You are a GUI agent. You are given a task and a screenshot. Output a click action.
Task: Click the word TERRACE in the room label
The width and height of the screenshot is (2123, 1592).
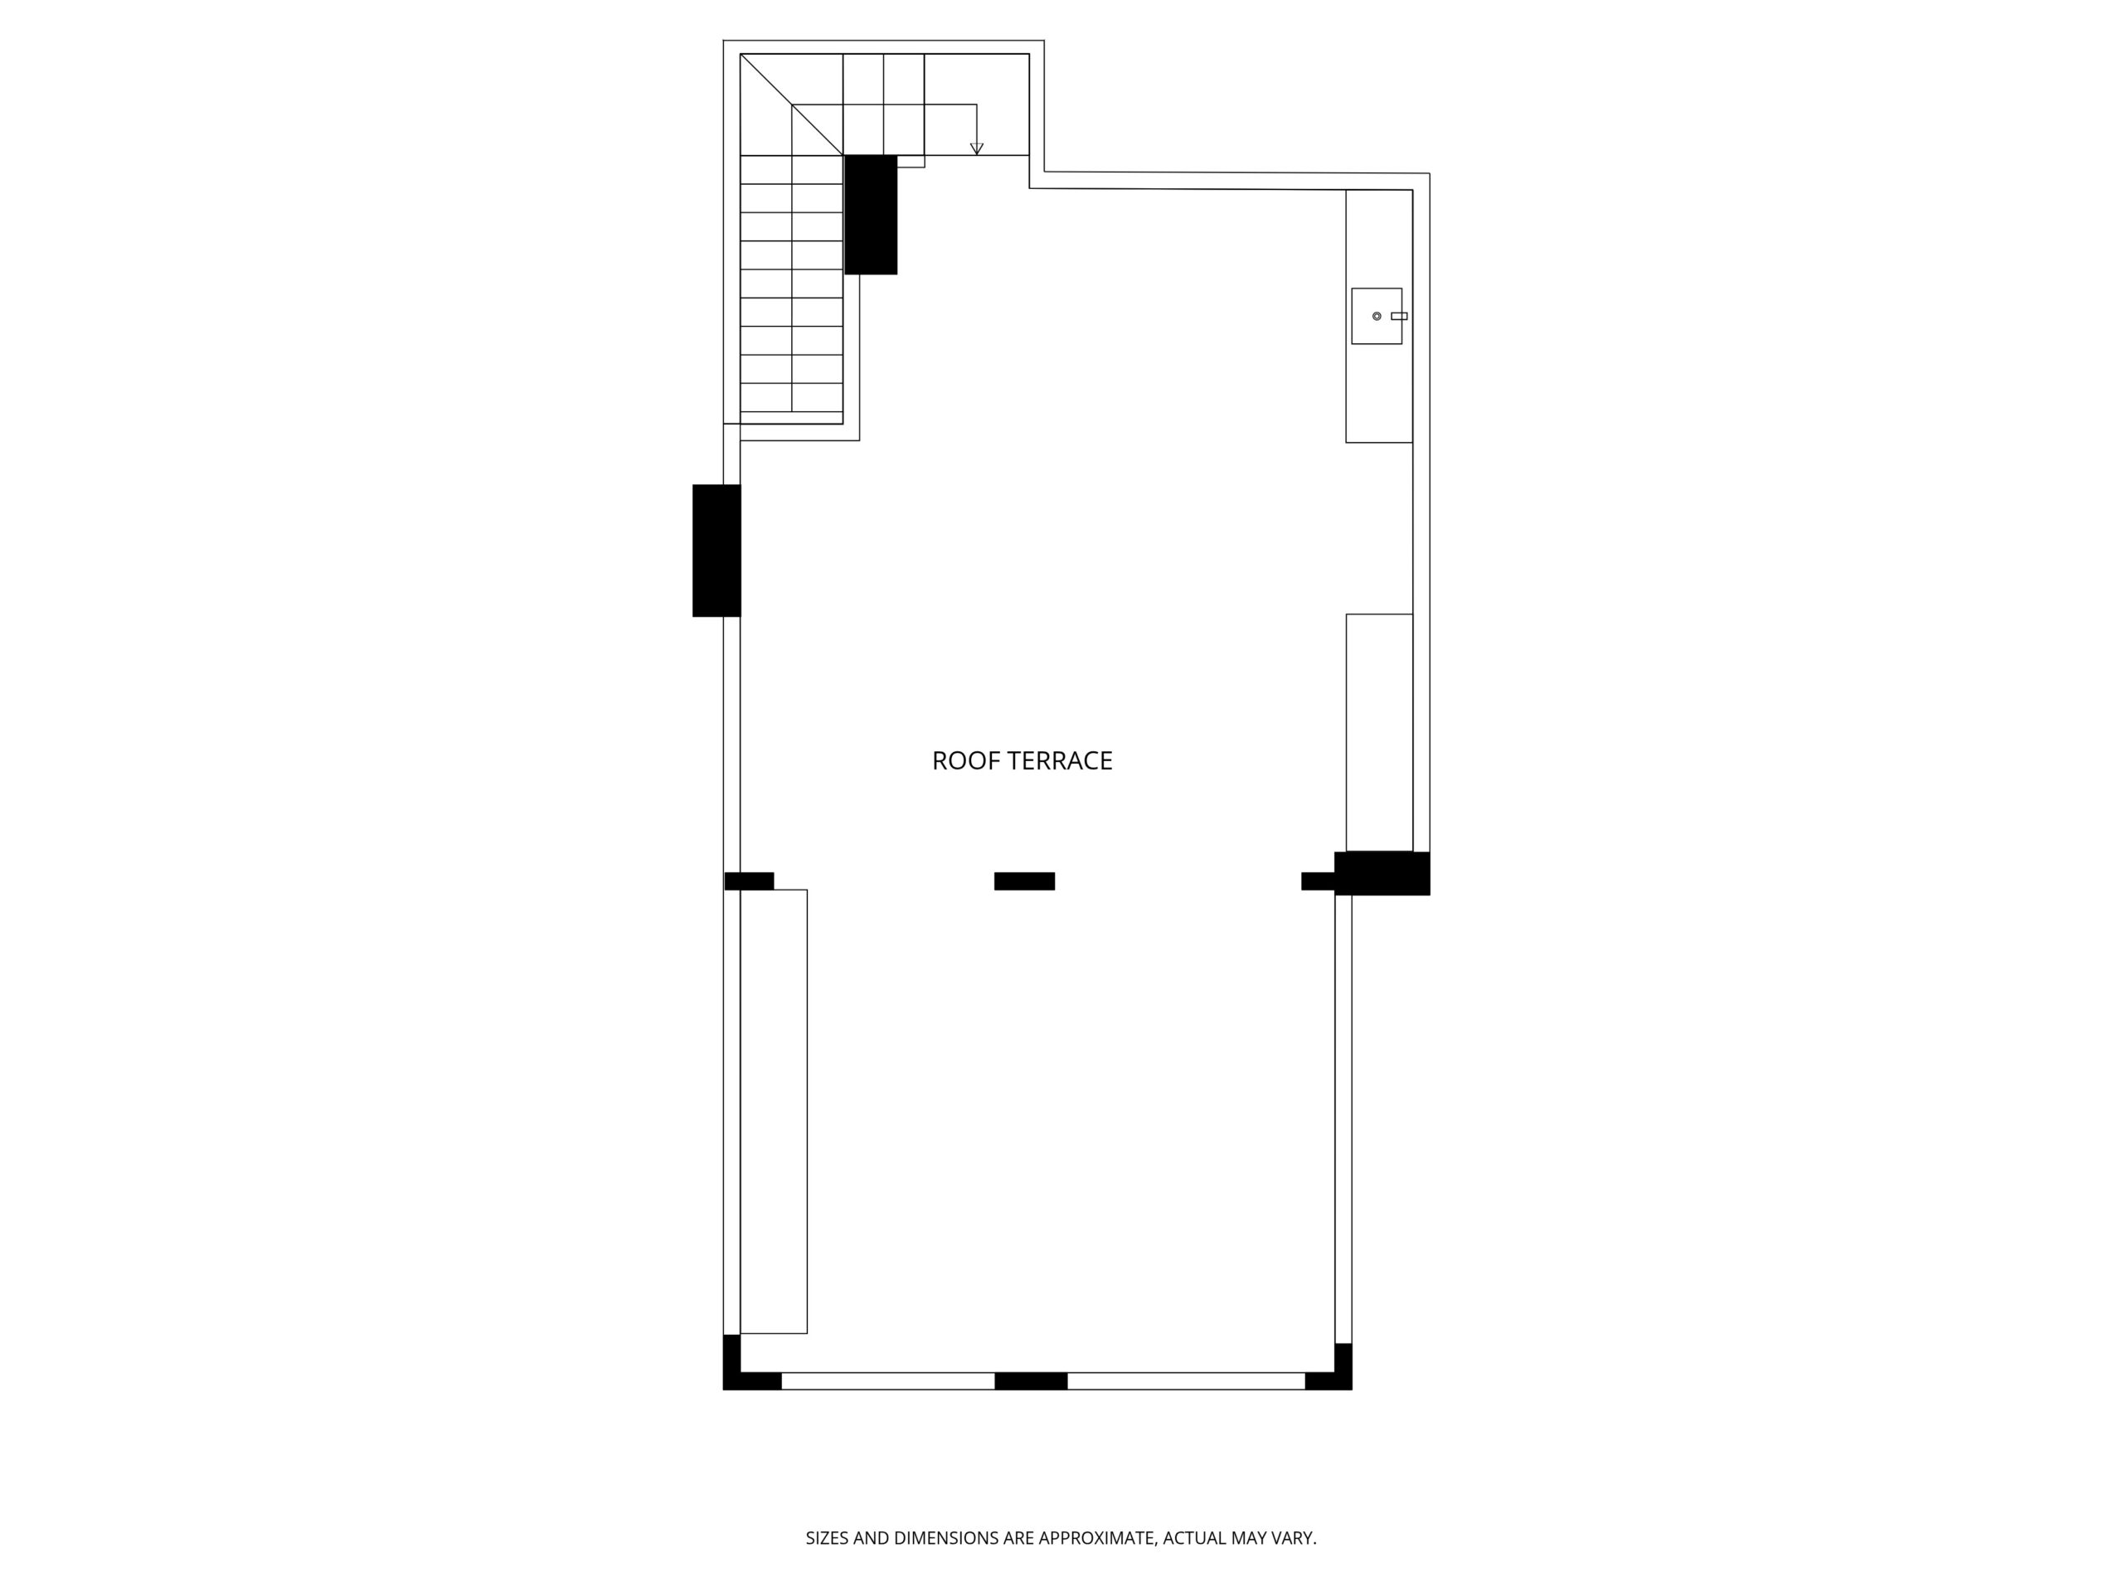1061,761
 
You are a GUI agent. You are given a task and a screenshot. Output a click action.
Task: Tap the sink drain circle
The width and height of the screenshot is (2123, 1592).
1377,316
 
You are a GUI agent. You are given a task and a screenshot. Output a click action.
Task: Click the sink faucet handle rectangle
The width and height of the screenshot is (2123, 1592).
1399,316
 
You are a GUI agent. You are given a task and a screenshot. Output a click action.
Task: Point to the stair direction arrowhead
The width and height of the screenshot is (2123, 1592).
977,148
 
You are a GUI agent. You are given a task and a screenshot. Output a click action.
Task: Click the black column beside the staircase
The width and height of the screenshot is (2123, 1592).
871,215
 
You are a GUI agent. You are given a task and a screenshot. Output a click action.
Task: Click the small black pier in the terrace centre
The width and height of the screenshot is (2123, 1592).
1024,881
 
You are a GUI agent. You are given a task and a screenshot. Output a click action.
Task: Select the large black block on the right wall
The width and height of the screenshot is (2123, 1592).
1382,873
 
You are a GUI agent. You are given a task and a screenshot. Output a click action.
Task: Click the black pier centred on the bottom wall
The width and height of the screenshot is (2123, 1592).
1031,1381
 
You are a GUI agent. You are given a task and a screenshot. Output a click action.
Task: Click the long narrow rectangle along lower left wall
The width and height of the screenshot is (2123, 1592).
774,1111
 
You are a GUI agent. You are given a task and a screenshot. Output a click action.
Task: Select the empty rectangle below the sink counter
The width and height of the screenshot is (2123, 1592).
1379,732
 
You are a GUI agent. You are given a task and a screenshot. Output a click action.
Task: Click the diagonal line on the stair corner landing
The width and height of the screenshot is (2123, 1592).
792,104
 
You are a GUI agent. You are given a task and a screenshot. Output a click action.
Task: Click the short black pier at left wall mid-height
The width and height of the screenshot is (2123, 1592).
749,881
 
